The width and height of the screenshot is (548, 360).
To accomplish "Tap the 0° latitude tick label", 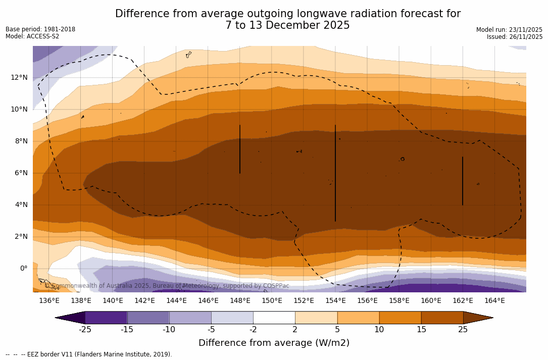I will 24,268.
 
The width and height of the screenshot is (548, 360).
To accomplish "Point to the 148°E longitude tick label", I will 240,300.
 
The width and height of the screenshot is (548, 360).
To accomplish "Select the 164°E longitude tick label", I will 494,300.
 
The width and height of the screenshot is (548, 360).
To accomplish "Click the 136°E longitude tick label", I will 49,300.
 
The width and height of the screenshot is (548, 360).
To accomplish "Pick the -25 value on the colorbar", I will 85,330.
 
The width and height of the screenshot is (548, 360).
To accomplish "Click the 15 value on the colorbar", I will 421,330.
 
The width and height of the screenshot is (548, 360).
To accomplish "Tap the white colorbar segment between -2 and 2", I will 274,318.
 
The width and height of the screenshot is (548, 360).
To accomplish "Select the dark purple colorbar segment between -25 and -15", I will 106,318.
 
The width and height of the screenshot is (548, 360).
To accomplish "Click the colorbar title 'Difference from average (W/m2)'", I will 274,343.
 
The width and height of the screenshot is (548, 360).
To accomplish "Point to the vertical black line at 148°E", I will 240,149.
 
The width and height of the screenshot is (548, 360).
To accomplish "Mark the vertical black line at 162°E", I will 463,181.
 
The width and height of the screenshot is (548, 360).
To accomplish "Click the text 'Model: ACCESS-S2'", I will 32,36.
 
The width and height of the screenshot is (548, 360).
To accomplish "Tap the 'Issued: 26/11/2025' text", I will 515,37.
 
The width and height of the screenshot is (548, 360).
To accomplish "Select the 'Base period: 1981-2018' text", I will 40,29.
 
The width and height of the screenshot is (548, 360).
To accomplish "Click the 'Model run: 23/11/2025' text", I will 509,30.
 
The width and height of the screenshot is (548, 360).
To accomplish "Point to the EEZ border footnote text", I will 89,354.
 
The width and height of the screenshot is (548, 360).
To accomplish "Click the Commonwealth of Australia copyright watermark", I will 167,286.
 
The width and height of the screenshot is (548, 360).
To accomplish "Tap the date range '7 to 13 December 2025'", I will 287,25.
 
